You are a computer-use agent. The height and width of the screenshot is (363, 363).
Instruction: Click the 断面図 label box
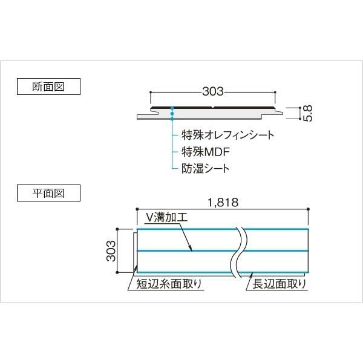point(48,87)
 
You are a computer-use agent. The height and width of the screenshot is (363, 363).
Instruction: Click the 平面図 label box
point(48,193)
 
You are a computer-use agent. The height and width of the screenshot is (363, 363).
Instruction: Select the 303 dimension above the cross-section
point(213,91)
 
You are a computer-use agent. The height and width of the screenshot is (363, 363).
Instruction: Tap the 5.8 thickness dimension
point(308,113)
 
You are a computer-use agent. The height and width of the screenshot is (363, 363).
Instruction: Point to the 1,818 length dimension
point(223,202)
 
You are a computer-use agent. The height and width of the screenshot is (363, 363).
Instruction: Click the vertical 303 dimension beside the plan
point(111,250)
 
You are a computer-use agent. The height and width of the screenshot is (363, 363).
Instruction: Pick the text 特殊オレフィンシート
point(228,135)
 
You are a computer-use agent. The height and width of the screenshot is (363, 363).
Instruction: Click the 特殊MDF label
point(206,152)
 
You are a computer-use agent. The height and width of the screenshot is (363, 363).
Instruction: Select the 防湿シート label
point(205,168)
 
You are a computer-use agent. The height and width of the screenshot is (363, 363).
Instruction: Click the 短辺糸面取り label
point(169,284)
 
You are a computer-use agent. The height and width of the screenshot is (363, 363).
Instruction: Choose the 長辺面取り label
point(280,284)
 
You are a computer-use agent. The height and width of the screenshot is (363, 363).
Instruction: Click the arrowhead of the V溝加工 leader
point(191,250)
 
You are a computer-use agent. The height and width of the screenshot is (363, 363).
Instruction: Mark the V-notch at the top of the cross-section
point(213,108)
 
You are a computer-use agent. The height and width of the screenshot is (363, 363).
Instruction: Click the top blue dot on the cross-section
point(172,108)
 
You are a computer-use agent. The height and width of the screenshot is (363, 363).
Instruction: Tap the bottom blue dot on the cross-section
point(172,119)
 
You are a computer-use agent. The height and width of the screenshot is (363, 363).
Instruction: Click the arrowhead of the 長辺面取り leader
point(252,274)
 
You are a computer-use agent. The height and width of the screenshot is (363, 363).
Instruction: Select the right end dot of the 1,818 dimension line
point(308,209)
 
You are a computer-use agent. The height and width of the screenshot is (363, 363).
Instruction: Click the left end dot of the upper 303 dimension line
point(151,93)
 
